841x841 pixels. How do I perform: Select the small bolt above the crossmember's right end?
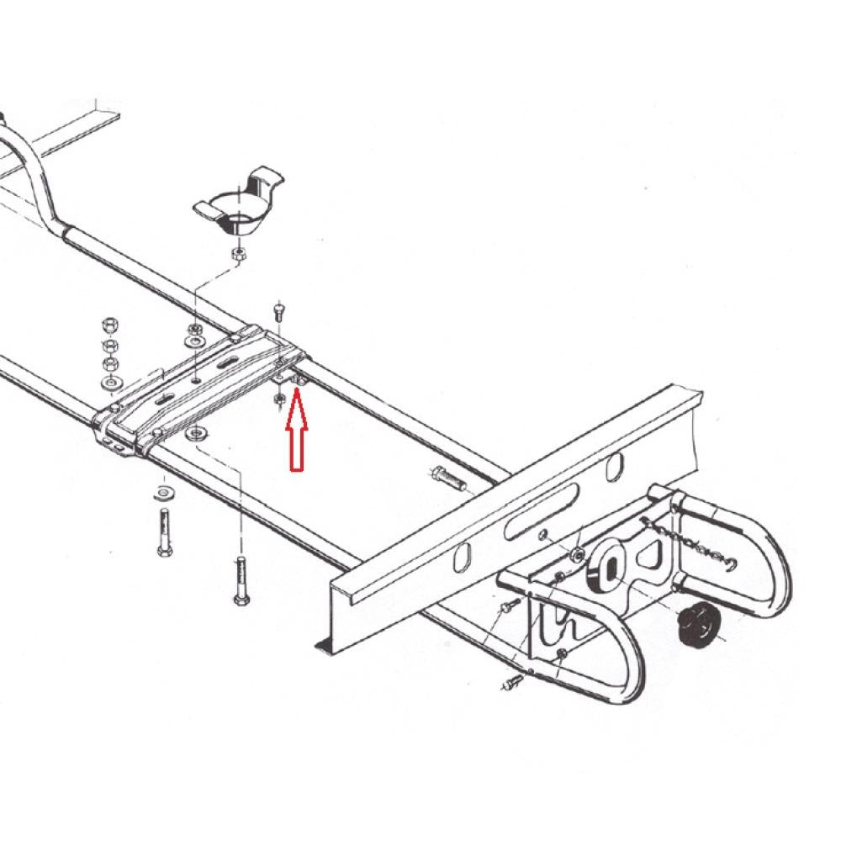tap(280, 310)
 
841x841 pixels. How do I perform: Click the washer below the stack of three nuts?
tap(110, 384)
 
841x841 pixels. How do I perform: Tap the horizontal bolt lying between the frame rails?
tap(449, 479)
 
